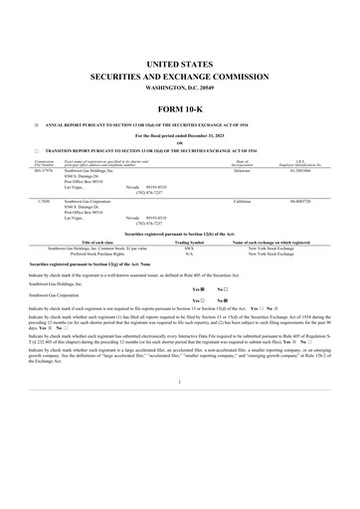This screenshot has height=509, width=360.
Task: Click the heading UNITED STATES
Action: coord(180,64)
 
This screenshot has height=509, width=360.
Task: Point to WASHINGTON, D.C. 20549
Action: coord(180,87)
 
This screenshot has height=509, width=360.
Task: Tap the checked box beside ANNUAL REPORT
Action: coord(37,125)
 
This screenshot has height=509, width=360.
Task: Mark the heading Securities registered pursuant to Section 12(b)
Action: coord(180,232)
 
